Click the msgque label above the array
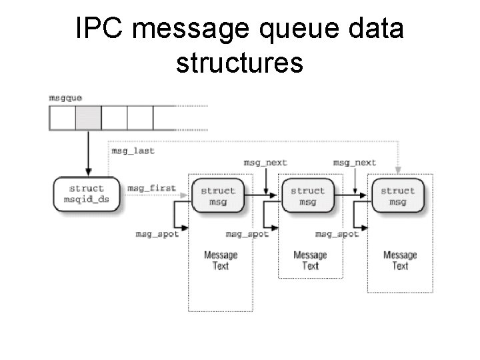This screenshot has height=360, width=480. pyautogui.click(x=65, y=97)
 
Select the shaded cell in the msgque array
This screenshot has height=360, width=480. pyautogui.click(x=88, y=118)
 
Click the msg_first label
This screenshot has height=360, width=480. pyautogui.click(x=151, y=189)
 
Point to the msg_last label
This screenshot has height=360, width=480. pyautogui.click(x=133, y=151)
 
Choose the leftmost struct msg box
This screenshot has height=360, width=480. pyautogui.click(x=218, y=196)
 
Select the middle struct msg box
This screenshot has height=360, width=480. pyautogui.click(x=307, y=196)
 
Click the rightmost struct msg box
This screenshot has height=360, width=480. pyautogui.click(x=397, y=196)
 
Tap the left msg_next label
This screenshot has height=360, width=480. pyautogui.click(x=265, y=163)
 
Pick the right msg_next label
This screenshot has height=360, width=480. pyautogui.click(x=355, y=163)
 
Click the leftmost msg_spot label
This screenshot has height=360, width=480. pyautogui.click(x=157, y=234)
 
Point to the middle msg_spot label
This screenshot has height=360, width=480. pyautogui.click(x=247, y=234)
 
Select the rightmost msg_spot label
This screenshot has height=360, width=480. pyautogui.click(x=337, y=234)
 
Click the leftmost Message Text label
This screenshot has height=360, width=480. pyautogui.click(x=221, y=260)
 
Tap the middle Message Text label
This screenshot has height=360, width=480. pyautogui.click(x=310, y=260)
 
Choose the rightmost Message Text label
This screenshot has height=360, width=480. pyautogui.click(x=400, y=260)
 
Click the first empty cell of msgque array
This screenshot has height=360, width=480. pyautogui.click(x=62, y=118)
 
